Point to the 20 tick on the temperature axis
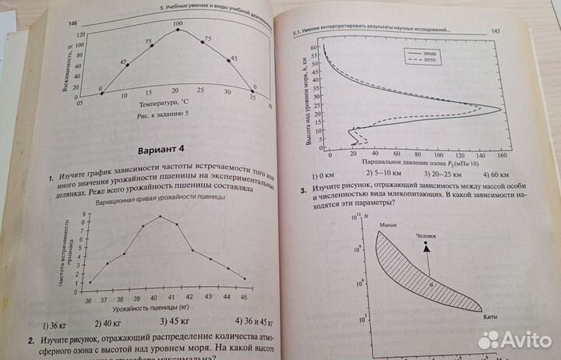[x=176, y=92]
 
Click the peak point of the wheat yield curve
[x=161, y=216]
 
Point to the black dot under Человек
[x=425, y=244]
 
